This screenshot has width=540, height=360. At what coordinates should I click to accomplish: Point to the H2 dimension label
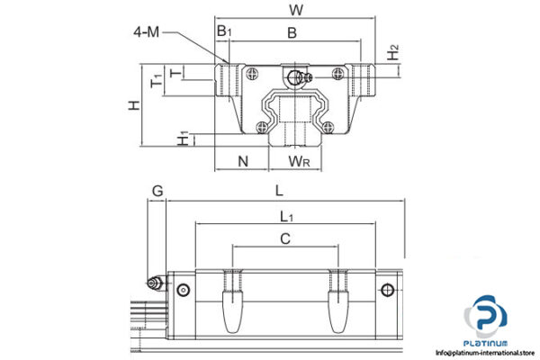[x=392, y=52]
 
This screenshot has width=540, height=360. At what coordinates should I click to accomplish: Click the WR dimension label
[x=300, y=161]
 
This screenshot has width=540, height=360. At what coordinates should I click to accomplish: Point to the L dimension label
[x=280, y=190]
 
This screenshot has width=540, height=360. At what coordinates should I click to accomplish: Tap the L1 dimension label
[x=285, y=216]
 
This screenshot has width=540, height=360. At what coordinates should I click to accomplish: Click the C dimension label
[x=285, y=238]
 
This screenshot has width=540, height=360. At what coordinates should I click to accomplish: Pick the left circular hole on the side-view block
[x=184, y=289]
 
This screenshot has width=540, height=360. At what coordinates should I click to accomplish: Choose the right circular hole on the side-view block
[x=389, y=289]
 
